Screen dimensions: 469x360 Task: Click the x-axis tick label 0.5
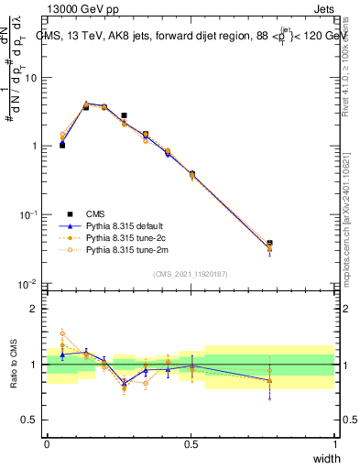pyautogui.click(x=191, y=444)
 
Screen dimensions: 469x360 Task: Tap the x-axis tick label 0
pyautogui.click(x=47, y=444)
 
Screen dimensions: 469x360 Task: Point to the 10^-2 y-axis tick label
pyautogui.click(x=28, y=283)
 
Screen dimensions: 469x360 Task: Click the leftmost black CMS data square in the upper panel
pyautogui.click(x=62, y=145)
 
